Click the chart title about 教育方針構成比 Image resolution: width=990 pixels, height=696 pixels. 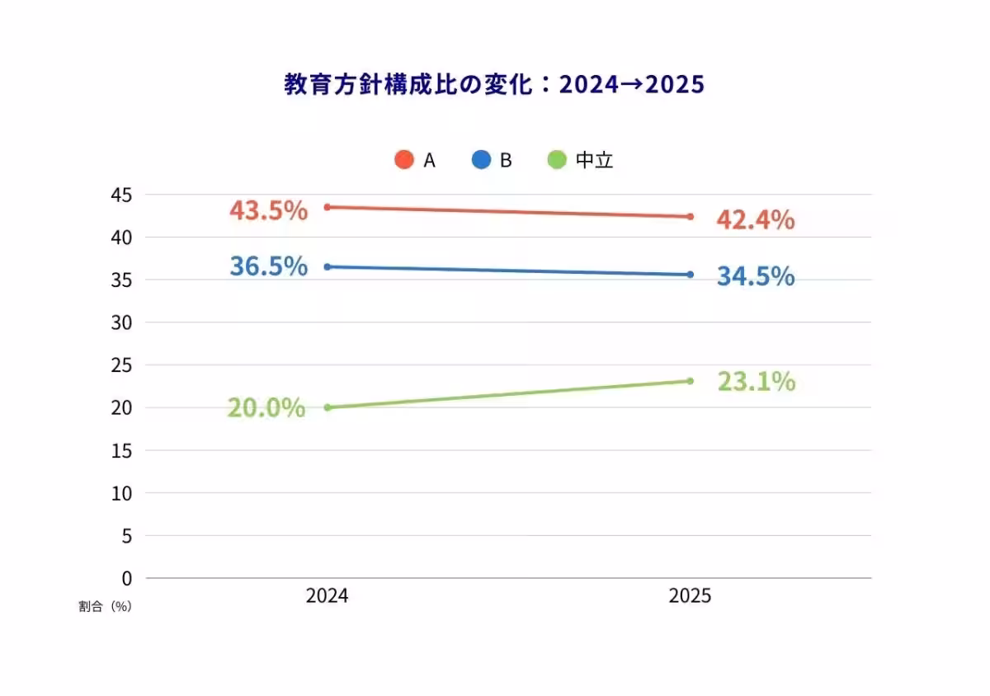[x=494, y=85]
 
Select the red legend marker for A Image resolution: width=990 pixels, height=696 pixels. [x=403, y=160]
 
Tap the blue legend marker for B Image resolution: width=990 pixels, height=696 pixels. [x=481, y=160]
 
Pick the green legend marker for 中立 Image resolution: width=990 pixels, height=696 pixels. [x=557, y=160]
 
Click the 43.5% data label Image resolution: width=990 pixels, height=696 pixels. [x=268, y=211]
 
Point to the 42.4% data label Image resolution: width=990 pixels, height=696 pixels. [x=755, y=220]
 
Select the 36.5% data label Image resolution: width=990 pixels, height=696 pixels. [x=268, y=266]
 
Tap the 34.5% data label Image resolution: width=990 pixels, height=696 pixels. [x=755, y=276]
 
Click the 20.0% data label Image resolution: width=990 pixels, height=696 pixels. [x=266, y=408]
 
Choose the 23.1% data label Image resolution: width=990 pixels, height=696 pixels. [x=756, y=382]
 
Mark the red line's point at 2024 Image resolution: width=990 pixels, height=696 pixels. [x=328, y=207]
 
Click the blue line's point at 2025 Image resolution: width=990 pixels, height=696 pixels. [x=691, y=275]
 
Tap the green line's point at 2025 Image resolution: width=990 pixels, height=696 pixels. [x=691, y=381]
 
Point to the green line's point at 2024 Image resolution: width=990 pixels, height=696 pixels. [x=328, y=407]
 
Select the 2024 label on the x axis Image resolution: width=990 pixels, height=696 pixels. [x=327, y=596]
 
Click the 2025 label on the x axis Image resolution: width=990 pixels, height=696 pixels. [x=690, y=596]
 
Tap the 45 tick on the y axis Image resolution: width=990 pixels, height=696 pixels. [x=121, y=195]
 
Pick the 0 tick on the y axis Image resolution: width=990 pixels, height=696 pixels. [x=127, y=578]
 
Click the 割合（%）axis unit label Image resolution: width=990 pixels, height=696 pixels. [x=105, y=606]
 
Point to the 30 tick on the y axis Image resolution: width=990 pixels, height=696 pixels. [x=121, y=322]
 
